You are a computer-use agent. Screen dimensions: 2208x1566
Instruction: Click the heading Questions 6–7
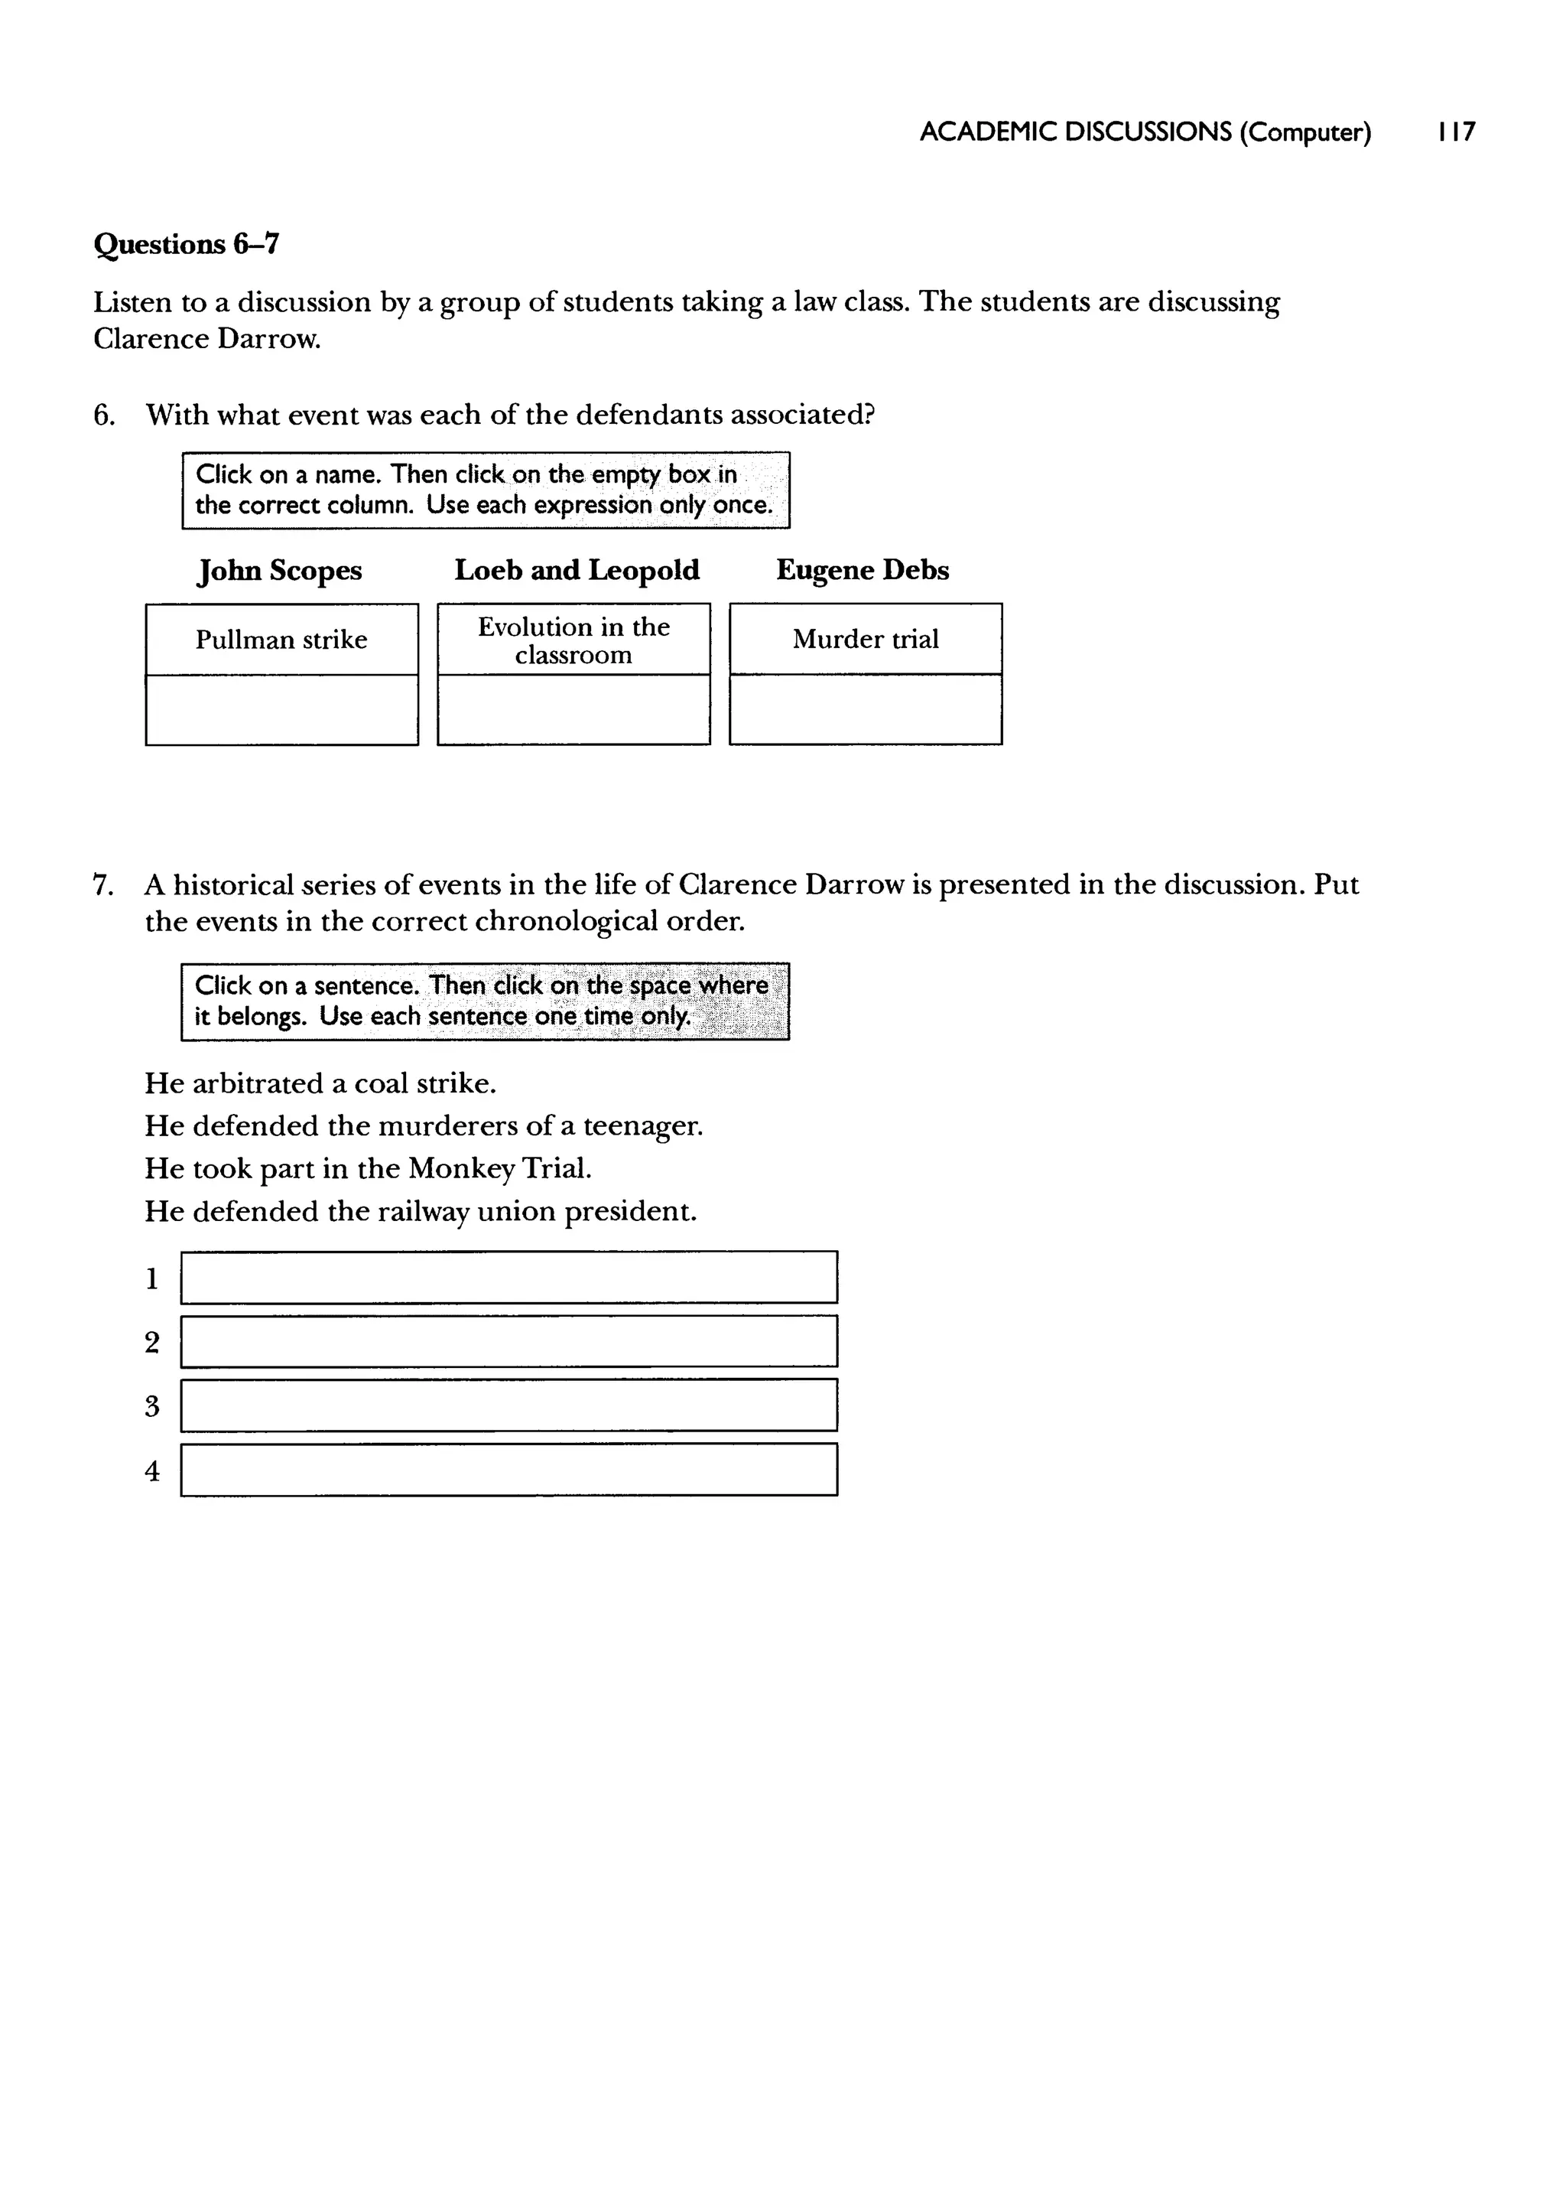pyautogui.click(x=186, y=244)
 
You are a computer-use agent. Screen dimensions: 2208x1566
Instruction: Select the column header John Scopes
pyautogui.click(x=280, y=570)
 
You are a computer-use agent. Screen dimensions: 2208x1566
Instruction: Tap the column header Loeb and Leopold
pyautogui.click(x=577, y=570)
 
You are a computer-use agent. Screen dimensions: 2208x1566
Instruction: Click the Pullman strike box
pyautogui.click(x=281, y=640)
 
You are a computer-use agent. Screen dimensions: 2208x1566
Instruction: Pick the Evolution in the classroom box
pyautogui.click(x=573, y=640)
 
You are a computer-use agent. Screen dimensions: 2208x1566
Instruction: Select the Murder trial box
pyautogui.click(x=865, y=639)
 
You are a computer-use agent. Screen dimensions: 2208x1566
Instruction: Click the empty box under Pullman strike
pyautogui.click(x=281, y=710)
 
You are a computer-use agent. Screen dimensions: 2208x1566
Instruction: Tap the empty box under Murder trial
pyautogui.click(x=865, y=710)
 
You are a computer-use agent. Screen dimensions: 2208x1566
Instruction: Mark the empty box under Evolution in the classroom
pyautogui.click(x=573, y=710)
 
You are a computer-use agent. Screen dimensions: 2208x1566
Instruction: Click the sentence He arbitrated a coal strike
pyautogui.click(x=320, y=1083)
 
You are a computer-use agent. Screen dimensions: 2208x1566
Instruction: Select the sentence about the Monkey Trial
pyautogui.click(x=367, y=1168)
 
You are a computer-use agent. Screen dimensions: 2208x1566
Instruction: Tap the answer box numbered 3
pyautogui.click(x=508, y=1405)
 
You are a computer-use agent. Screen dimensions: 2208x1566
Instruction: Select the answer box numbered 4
pyautogui.click(x=508, y=1469)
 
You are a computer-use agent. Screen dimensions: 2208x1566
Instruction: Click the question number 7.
pyautogui.click(x=103, y=884)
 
